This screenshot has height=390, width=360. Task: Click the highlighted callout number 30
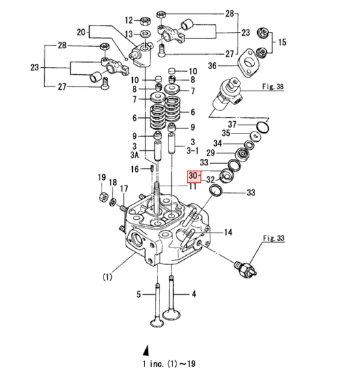[x=192, y=176]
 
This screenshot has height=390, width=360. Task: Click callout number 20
[x=81, y=31]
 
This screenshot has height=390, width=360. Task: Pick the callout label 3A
[x=134, y=156]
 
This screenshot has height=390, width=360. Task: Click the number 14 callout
[x=228, y=232]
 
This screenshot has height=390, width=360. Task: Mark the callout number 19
[x=101, y=178]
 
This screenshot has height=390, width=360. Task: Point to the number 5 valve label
[x=138, y=295]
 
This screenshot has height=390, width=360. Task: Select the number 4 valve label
[x=193, y=295]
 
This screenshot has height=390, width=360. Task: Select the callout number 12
[x=128, y=20]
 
